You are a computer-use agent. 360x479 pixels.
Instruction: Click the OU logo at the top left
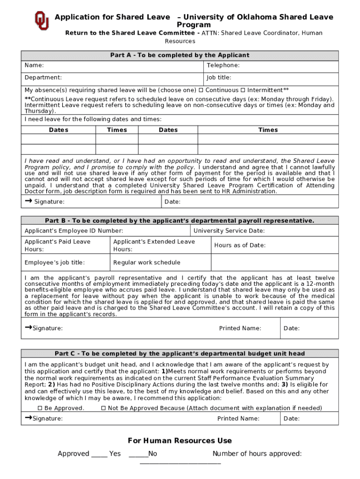tap(41, 21)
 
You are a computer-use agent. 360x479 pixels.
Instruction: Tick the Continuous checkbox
tap(201, 90)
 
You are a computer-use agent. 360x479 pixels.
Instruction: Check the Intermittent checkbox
tap(243, 90)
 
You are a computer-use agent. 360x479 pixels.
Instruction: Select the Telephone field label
tap(223, 65)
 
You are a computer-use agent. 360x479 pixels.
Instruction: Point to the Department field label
tap(43, 78)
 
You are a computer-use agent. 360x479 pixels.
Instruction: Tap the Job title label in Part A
tap(219, 78)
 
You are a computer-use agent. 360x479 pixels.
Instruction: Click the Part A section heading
tap(180, 55)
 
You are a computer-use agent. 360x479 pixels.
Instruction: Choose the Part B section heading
tap(180, 221)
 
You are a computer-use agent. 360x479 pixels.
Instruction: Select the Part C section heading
tap(180, 354)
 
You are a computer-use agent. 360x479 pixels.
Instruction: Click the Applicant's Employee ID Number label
tap(74, 231)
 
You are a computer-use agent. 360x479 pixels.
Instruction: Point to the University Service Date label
tap(229, 231)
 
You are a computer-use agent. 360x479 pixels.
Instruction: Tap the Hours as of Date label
tap(240, 246)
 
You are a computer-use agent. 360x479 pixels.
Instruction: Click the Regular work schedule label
tap(146, 263)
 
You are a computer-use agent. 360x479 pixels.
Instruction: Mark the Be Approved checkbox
tap(40, 408)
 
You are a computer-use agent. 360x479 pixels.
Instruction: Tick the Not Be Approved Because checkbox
tap(103, 408)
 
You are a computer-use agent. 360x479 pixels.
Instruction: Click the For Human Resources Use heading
tap(180, 441)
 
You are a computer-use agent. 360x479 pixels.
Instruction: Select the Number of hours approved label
tap(257, 454)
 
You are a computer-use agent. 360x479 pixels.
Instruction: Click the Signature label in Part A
tap(49, 202)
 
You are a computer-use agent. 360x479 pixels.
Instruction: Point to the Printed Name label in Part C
tap(238, 419)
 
